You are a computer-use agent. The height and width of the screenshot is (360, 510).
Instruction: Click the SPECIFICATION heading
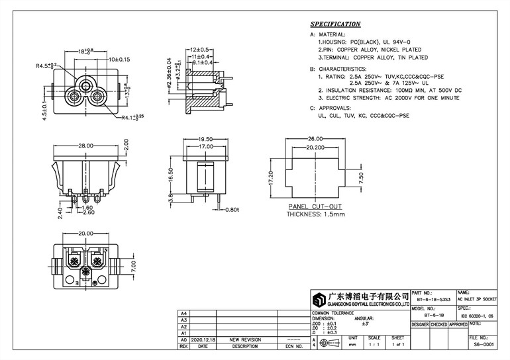click(335, 24)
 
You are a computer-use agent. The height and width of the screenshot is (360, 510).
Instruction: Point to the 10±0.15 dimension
click(120, 59)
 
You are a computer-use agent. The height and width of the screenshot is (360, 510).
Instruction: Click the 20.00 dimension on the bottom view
click(86, 233)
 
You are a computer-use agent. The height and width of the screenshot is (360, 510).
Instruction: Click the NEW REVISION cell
click(245, 339)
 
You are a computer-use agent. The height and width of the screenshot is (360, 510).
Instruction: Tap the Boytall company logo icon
click(321, 298)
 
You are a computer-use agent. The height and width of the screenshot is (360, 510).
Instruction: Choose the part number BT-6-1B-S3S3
click(433, 300)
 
